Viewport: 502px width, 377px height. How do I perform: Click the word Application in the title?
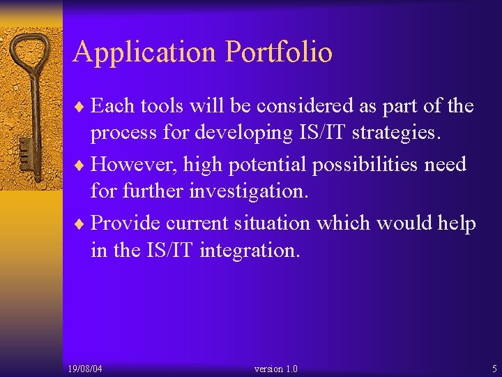point(145,53)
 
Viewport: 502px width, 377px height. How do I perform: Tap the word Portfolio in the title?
point(279,53)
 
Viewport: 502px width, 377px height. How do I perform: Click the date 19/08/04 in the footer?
point(86,368)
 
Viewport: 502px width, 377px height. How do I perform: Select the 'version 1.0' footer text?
point(276,368)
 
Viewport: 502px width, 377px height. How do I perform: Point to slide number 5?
point(494,368)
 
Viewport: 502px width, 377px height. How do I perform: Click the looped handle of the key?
point(31,59)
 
